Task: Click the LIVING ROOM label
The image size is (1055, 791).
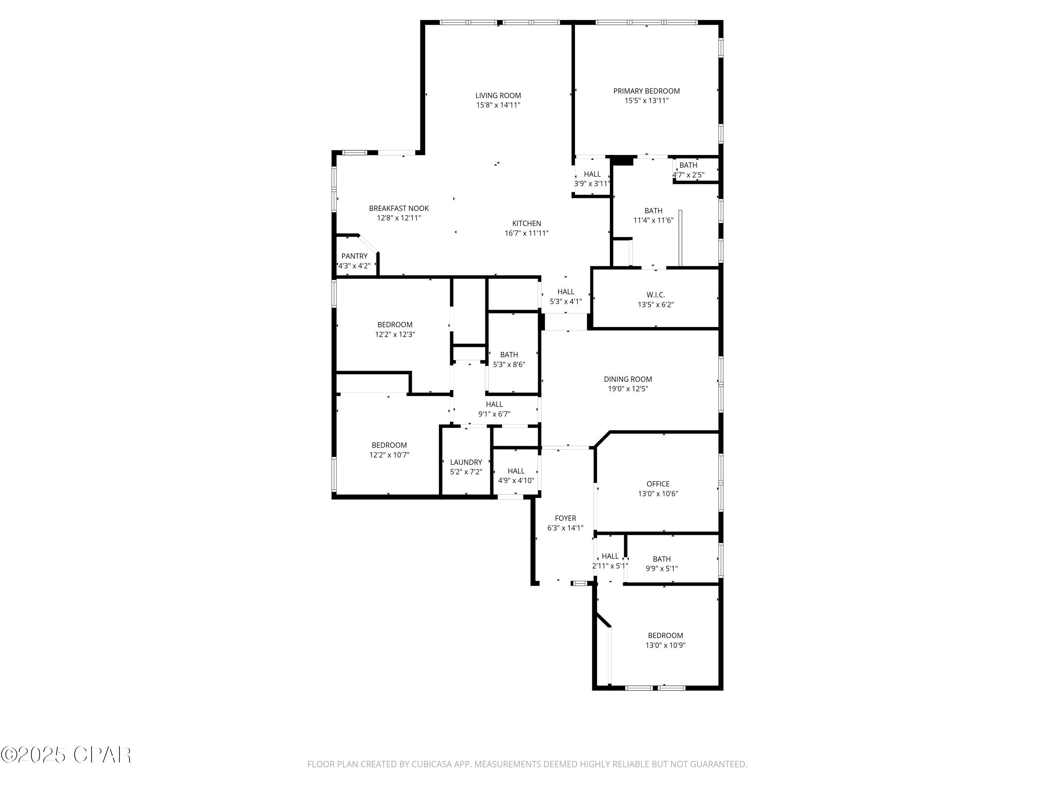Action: pos(498,95)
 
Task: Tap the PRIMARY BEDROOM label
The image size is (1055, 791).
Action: pos(646,91)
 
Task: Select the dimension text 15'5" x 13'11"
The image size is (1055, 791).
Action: pos(646,101)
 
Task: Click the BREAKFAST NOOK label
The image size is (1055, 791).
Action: pos(399,208)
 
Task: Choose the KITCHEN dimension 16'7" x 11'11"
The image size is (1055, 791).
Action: pos(526,233)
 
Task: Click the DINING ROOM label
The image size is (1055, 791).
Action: pos(628,379)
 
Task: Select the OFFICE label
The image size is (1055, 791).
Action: pos(658,484)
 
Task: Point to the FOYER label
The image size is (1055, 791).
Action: pos(565,518)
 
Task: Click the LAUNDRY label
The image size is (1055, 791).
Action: pos(466,462)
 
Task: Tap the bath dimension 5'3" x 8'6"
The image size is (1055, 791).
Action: pos(509,364)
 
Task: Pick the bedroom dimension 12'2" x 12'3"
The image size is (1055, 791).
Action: pos(395,334)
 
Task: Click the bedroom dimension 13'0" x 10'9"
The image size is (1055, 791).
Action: pos(665,645)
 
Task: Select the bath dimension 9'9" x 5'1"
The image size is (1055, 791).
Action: pos(661,568)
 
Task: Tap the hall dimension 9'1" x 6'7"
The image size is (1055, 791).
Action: pos(494,414)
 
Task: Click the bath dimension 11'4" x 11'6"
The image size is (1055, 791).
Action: pos(653,220)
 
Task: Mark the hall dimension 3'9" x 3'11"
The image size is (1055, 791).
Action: pos(592,184)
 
